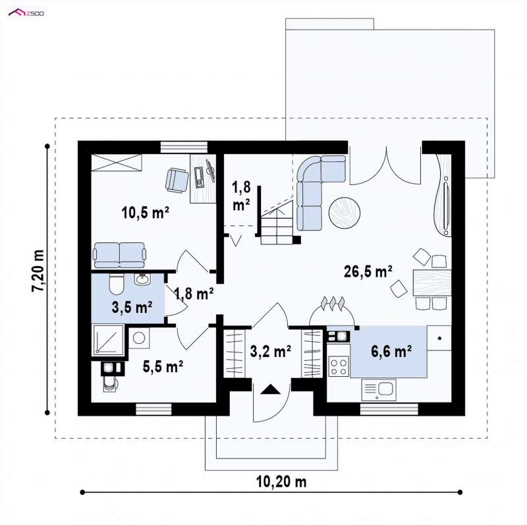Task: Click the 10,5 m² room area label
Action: tap(145, 212)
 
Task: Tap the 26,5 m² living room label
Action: tap(368, 271)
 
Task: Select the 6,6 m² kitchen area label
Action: tap(391, 351)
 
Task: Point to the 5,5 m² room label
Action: tap(163, 366)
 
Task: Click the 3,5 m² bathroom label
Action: tap(132, 307)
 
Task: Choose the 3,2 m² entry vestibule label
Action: tap(271, 351)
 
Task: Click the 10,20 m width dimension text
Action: tap(282, 482)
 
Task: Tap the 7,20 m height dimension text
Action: tap(38, 271)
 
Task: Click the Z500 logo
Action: tap(26, 13)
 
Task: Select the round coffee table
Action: tap(345, 213)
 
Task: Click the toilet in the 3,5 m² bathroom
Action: tap(117, 283)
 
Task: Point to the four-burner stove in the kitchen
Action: tap(339, 367)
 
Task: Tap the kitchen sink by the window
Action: tap(379, 390)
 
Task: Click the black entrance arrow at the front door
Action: tap(271, 389)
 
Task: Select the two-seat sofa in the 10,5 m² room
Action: tap(120, 255)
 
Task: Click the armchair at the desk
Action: tap(177, 180)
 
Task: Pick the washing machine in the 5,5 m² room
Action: tap(139, 338)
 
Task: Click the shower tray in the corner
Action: tap(108, 340)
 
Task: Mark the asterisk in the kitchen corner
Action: tap(439, 339)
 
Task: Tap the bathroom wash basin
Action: tap(142, 279)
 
